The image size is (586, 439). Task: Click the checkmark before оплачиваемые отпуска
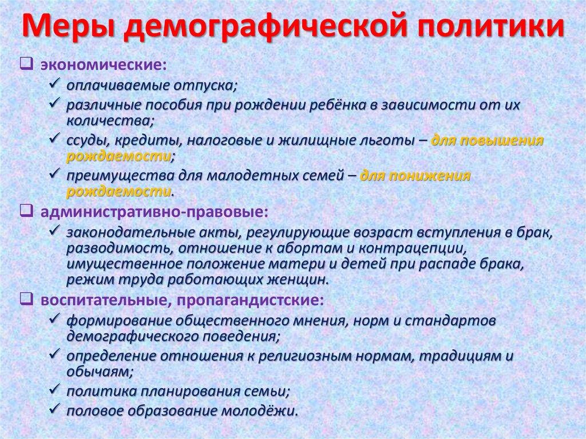pos(56,85)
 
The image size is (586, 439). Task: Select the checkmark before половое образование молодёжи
pos(56,410)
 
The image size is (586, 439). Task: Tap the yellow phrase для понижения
pos(415,176)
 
